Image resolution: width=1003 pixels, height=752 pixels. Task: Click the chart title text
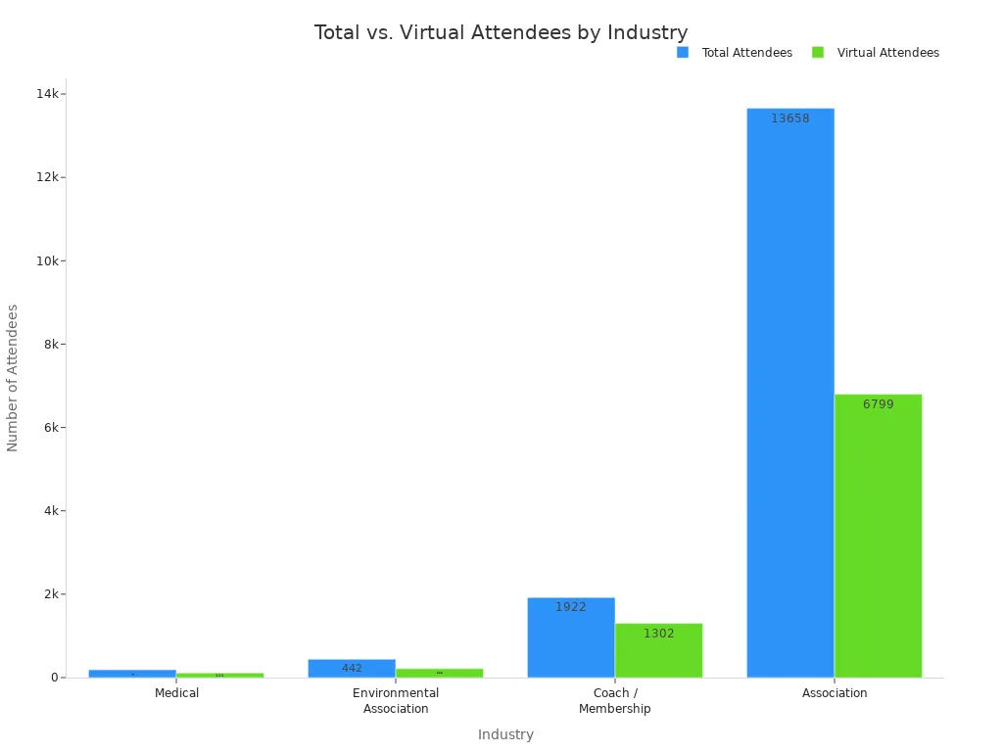[x=501, y=32]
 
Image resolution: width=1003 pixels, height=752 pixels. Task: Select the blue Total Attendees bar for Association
[x=789, y=392]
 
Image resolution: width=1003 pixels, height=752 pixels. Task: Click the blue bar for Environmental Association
[x=352, y=668]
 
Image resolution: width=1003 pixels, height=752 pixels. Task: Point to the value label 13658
[x=789, y=118]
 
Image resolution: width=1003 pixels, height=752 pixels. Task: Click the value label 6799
[x=878, y=404]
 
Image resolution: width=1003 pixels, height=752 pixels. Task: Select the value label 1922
[x=571, y=607]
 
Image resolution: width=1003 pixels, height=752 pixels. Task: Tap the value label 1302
[x=658, y=634]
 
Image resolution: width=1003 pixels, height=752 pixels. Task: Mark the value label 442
[x=352, y=668]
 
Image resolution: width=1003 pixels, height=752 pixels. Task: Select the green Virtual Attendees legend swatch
[x=818, y=53]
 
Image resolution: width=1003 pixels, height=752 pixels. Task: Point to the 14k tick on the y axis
[x=48, y=94]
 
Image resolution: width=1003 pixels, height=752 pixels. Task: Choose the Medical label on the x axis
[x=176, y=693]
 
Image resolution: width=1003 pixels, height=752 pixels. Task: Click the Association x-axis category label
[x=835, y=693]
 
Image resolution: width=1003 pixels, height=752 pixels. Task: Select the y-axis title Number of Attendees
[x=13, y=377]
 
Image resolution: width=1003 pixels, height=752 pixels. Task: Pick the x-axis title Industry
[x=505, y=734]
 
